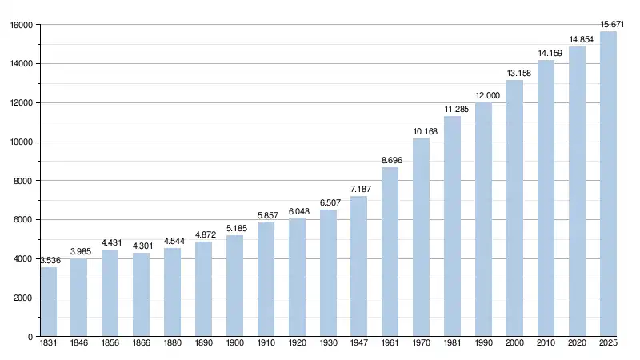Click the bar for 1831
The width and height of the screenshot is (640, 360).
[x=49, y=302]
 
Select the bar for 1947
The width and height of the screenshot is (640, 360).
[x=358, y=266]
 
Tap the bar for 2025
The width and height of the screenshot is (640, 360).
[x=608, y=184]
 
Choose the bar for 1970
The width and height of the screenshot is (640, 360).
[x=421, y=238]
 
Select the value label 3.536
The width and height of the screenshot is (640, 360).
[x=49, y=260]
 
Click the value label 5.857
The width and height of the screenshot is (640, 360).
[x=266, y=216]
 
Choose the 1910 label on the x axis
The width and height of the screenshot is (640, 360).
[x=266, y=345]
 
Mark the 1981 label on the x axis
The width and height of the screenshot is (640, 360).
[x=452, y=345]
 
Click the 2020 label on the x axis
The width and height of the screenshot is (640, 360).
[x=577, y=345]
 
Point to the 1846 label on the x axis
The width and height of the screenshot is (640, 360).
[x=79, y=345]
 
